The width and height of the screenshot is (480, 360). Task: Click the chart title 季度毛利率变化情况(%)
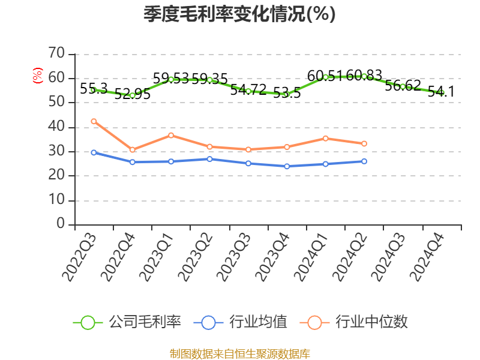[x=239, y=14]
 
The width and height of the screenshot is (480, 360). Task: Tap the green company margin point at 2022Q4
[x=132, y=95]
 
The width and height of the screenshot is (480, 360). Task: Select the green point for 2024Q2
[x=364, y=76]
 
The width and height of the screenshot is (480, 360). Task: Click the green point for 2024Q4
[x=442, y=93]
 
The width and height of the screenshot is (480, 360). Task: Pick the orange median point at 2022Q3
[x=94, y=121]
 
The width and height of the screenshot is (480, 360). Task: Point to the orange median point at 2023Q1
[x=171, y=135]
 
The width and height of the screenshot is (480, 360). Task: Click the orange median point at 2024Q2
[x=364, y=143]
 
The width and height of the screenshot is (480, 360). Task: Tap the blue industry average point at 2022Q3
[x=94, y=152]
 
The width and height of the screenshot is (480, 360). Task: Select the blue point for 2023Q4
[x=287, y=166]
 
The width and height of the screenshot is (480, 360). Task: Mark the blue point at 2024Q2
[x=364, y=161]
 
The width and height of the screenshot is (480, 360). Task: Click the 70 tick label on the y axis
[x=56, y=53]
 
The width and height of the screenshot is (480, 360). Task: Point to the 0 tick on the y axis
[x=61, y=224]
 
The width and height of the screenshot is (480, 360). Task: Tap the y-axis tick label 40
[x=56, y=127]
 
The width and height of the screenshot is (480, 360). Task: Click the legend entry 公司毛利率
[x=128, y=322]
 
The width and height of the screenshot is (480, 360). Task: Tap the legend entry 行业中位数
[x=358, y=322]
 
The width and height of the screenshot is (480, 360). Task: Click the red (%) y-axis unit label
[x=38, y=76]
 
